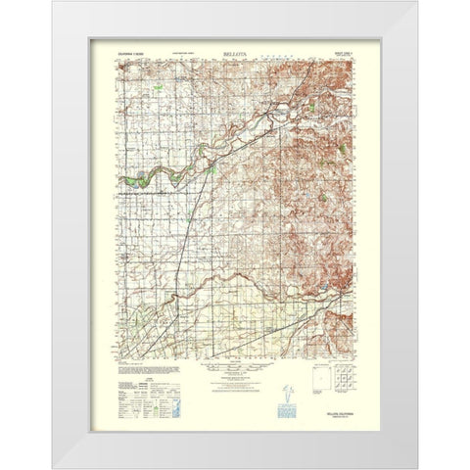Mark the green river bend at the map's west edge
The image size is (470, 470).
click(x=137, y=179)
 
